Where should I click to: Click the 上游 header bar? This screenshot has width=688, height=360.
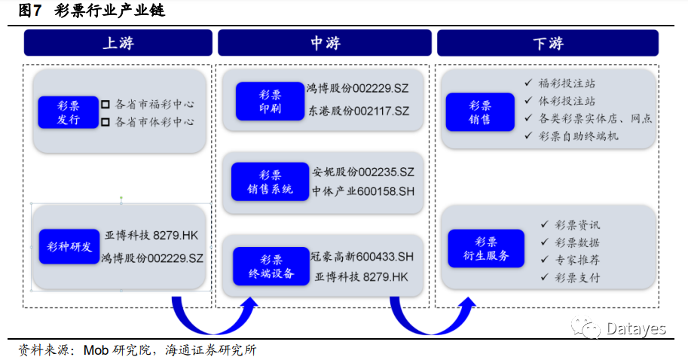pos(118,43)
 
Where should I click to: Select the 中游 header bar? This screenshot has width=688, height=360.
pos(325,43)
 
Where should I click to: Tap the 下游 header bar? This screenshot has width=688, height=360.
pos(547,43)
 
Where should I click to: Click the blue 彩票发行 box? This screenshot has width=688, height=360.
pos(69,112)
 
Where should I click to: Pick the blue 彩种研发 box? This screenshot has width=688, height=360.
pos(69,246)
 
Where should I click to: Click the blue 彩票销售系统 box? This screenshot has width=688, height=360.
pos(270,181)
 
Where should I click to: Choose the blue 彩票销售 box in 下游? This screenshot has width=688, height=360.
pos(479,112)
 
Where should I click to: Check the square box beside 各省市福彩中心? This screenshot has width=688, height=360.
pos(105,105)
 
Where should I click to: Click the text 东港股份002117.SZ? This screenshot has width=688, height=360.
pos(358,111)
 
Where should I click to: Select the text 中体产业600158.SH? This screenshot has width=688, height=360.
pos(363,191)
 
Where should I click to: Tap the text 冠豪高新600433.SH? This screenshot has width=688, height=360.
pos(362,257)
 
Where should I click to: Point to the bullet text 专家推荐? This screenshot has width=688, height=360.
pos(577,260)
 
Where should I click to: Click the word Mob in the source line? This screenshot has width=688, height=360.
pos(96,350)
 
